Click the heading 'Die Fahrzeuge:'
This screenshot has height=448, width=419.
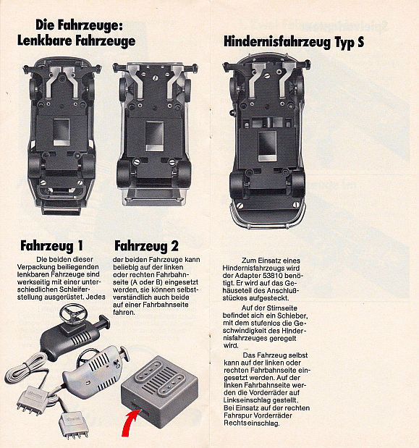(x=79, y=25)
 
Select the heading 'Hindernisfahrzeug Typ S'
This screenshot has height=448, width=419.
(x=294, y=42)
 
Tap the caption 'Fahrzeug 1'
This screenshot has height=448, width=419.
(x=51, y=246)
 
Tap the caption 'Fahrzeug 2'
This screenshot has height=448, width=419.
(x=146, y=246)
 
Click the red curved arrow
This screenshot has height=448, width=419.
(x=131, y=422)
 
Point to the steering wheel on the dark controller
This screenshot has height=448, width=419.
(x=73, y=313)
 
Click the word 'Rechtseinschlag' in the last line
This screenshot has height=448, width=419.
(x=251, y=423)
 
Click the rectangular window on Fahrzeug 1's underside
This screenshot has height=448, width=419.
(x=61, y=132)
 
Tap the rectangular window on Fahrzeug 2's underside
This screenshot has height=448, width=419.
(x=154, y=137)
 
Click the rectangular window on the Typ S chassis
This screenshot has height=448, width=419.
(x=267, y=146)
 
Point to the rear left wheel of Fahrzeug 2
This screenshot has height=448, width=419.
(x=123, y=173)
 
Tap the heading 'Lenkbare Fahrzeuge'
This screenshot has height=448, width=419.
(x=76, y=40)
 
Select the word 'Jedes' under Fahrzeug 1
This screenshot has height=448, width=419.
(x=96, y=297)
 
